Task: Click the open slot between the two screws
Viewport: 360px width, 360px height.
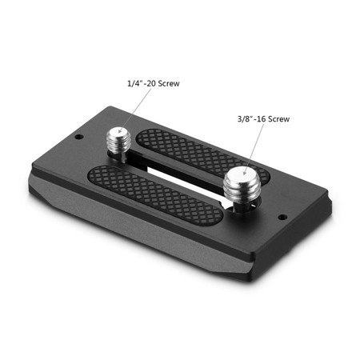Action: [x=180, y=172]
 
